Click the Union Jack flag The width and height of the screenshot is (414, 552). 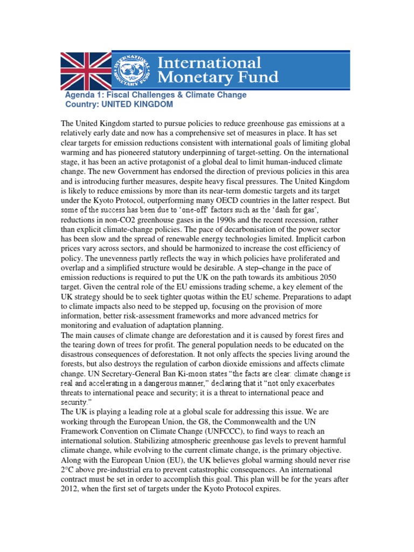point(85,70)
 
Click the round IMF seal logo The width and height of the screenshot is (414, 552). point(132,70)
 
